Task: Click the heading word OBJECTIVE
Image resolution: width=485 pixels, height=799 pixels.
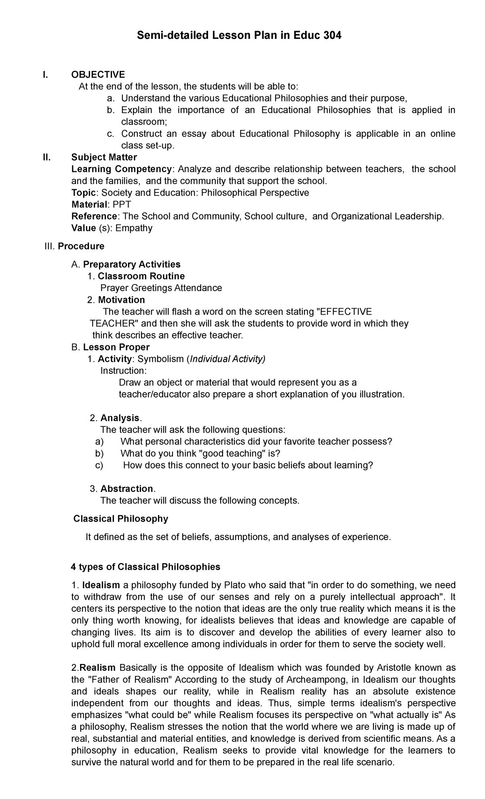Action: point(98,74)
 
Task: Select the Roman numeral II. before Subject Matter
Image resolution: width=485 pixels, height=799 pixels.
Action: point(48,157)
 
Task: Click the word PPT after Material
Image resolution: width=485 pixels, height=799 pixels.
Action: point(122,205)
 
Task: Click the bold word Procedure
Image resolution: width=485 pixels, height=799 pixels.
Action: point(81,246)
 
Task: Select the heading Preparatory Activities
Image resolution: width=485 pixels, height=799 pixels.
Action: point(132,264)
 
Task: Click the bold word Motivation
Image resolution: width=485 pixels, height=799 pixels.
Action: point(121,300)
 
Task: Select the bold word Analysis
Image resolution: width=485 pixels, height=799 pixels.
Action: point(120,418)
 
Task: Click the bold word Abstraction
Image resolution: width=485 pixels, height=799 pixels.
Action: point(127,489)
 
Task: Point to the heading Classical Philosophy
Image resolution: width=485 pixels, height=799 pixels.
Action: point(121,519)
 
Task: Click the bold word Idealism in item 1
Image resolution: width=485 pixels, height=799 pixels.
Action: point(101,585)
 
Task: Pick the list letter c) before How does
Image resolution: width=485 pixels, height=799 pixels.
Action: point(99,465)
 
